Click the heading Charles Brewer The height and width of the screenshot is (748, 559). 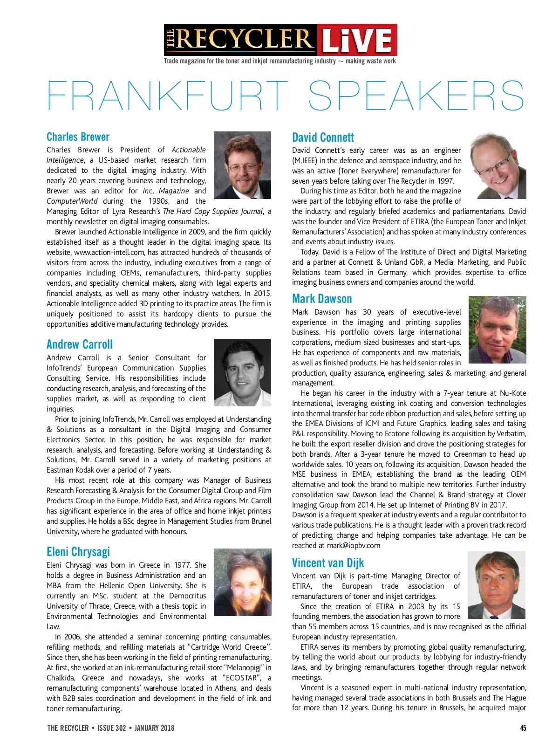point(78,137)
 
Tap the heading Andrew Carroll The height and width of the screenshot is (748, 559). point(80,344)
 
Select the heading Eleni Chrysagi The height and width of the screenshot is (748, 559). point(78,552)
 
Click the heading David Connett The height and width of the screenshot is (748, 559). point(323,137)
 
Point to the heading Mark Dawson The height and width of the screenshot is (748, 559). point(322,299)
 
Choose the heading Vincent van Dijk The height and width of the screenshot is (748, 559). point(328,563)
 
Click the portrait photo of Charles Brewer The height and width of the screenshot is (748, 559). point(242,165)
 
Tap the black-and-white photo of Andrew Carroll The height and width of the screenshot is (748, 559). point(242,372)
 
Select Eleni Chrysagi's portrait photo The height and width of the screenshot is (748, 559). point(242,582)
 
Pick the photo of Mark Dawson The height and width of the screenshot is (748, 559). point(497,329)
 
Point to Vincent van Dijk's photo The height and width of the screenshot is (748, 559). point(496,585)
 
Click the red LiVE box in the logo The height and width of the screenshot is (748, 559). point(357,40)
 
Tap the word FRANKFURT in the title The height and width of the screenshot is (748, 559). point(168,96)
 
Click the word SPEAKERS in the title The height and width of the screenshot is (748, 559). point(416,96)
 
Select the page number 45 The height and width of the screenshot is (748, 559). point(523,728)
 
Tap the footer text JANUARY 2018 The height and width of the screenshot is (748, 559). point(154,728)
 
